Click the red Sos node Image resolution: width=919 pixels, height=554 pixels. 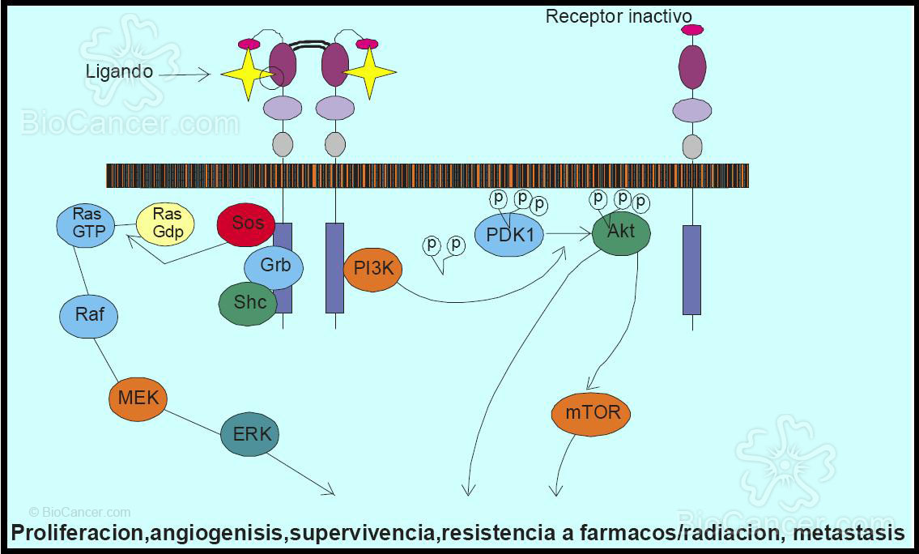[x=247, y=223]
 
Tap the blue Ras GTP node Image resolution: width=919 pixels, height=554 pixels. [x=87, y=223]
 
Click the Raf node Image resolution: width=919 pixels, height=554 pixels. [x=89, y=314]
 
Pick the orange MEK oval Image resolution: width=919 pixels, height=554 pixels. [x=138, y=398]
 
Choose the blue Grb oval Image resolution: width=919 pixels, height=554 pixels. [x=274, y=265]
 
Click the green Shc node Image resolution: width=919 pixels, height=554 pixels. [x=249, y=303]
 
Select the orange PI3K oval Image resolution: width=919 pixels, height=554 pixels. [x=372, y=269]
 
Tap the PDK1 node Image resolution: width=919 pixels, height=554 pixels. [x=509, y=234]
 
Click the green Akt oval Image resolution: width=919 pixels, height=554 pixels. [x=621, y=232]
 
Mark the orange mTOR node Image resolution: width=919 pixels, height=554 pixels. [x=592, y=413]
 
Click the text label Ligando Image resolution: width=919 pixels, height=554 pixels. [x=119, y=71]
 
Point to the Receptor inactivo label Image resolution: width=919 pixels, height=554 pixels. [x=619, y=16]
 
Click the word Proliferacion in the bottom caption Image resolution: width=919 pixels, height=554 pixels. [x=78, y=533]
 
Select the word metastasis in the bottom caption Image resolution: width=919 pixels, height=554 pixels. [x=849, y=533]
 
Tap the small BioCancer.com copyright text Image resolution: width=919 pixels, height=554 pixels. [x=79, y=512]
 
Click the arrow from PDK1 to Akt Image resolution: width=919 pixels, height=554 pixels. [x=568, y=233]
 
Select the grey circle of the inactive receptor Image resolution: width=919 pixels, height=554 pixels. [x=692, y=146]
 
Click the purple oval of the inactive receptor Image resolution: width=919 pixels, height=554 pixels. [x=692, y=66]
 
